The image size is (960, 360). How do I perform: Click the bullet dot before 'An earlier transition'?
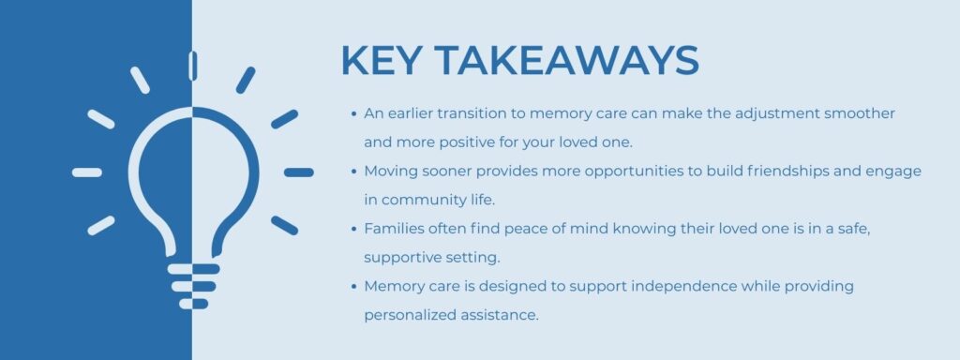click(352, 113)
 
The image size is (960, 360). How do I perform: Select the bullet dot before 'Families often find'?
click(352, 229)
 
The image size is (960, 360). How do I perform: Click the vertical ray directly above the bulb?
click(192, 65)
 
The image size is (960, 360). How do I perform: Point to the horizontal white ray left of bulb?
click(86, 172)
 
